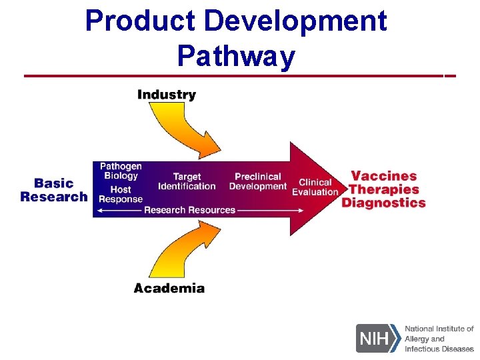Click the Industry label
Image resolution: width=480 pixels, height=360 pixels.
click(167, 95)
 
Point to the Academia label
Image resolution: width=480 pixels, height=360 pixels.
click(169, 288)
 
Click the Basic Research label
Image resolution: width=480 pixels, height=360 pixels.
click(54, 190)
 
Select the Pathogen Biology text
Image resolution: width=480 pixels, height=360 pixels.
click(121, 171)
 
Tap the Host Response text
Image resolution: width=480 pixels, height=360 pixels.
click(121, 194)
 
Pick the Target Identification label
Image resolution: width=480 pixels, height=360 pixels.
click(187, 181)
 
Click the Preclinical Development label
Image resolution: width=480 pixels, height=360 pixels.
click(258, 181)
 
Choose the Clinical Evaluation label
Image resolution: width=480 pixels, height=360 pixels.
click(315, 187)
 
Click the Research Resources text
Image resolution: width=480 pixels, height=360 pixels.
click(190, 210)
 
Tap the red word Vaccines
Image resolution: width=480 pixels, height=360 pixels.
click(383, 176)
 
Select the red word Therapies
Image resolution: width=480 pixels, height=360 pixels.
click(384, 189)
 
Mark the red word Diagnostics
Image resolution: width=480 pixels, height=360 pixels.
click(383, 203)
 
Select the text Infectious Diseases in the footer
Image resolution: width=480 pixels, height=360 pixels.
click(439, 349)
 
